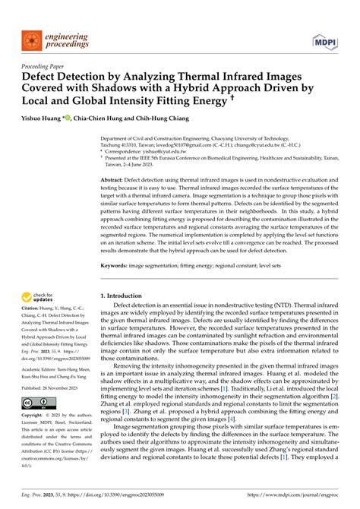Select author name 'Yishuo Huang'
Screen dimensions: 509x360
[x=38, y=118]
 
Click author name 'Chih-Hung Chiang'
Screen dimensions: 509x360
[x=157, y=118]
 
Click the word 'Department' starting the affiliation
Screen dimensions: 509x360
[x=119, y=138]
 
